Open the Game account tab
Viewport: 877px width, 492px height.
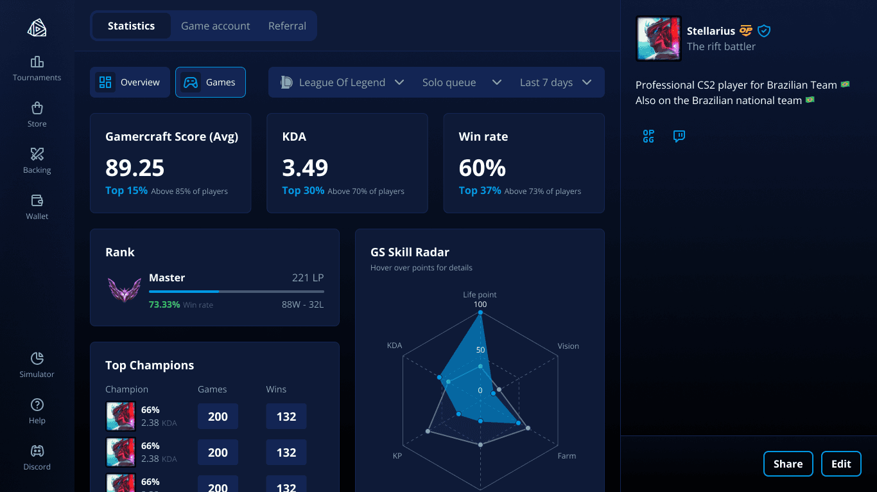tap(215, 26)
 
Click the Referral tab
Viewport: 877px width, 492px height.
tap(287, 26)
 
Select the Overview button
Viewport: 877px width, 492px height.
tap(130, 82)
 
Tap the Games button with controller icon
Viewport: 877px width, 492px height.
tap(210, 82)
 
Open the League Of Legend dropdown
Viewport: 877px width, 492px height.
tap(342, 82)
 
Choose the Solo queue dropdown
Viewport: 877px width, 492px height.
tap(462, 82)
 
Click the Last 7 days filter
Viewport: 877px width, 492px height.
tap(555, 82)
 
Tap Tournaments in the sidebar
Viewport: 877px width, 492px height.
tap(37, 69)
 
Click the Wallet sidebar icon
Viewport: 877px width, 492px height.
tap(37, 200)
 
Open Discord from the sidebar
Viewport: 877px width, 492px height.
tap(37, 457)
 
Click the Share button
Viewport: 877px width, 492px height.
tap(788, 464)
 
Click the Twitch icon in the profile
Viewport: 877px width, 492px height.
tap(679, 136)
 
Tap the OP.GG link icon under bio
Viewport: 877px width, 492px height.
tap(648, 136)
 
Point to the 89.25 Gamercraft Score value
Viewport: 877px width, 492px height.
tap(135, 168)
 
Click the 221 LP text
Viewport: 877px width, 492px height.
tap(308, 277)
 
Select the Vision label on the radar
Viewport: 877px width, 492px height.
tap(568, 346)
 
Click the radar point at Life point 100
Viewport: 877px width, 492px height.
tap(480, 313)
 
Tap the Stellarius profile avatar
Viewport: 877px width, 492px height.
tap(659, 39)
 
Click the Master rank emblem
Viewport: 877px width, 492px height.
tap(125, 290)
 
